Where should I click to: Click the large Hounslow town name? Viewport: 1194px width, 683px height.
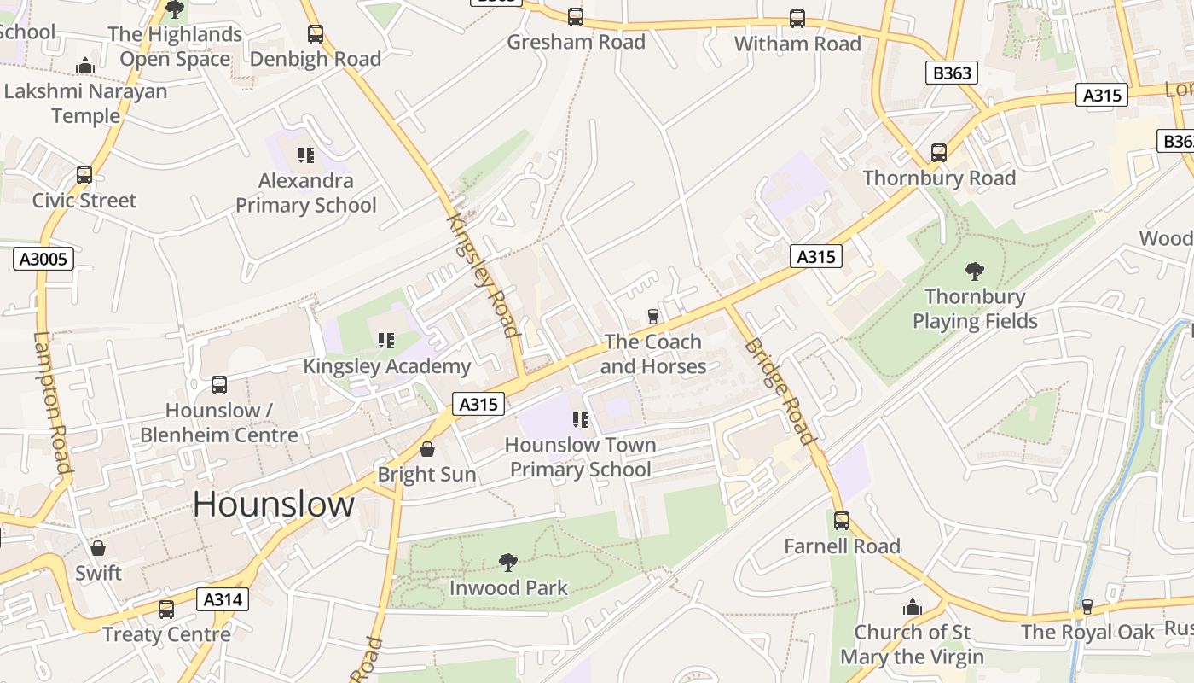click(273, 505)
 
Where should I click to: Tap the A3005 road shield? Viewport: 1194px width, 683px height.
click(43, 259)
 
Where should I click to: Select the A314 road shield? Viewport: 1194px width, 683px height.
click(223, 599)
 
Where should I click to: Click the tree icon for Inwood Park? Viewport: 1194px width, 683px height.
click(508, 563)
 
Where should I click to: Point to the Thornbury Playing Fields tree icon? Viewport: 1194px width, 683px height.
click(974, 272)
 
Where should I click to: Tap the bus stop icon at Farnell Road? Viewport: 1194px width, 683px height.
click(842, 521)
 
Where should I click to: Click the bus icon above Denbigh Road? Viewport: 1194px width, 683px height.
click(316, 34)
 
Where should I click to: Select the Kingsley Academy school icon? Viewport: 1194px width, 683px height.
click(386, 341)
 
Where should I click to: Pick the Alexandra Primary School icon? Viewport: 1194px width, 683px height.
click(305, 155)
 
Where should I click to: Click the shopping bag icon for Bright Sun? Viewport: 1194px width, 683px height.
click(427, 449)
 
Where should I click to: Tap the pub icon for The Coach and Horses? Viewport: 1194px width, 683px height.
click(653, 317)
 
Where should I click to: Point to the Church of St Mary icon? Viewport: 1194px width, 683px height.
click(913, 608)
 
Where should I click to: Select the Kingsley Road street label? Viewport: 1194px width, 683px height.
click(484, 275)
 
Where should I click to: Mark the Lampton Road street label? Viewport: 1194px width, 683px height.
click(51, 401)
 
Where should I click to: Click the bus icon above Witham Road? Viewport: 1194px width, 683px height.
click(797, 19)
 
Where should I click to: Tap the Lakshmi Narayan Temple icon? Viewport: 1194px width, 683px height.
click(85, 67)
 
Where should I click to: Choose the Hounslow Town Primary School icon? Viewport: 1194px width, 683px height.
click(582, 420)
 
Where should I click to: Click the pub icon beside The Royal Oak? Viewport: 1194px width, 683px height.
click(1087, 607)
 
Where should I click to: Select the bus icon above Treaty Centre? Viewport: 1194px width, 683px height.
click(166, 610)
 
